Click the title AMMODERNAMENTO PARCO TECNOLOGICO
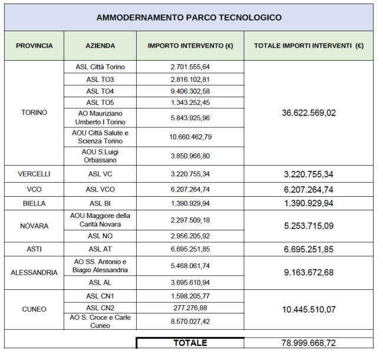click(x=189, y=17)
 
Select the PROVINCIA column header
click(x=34, y=45)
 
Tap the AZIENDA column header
click(x=100, y=45)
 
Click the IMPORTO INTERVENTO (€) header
click(x=190, y=45)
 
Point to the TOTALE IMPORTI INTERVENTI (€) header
click(x=308, y=45)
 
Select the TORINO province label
click(x=34, y=113)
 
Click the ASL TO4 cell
click(x=100, y=91)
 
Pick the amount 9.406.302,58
click(x=190, y=91)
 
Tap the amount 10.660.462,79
click(x=190, y=137)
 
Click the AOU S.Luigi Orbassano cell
click(x=100, y=156)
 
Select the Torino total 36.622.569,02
click(x=309, y=113)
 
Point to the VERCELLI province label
click(x=34, y=174)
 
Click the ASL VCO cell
click(x=100, y=189)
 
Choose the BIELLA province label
click(x=34, y=203)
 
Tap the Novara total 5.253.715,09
click(x=309, y=226)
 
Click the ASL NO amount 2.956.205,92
click(x=190, y=236)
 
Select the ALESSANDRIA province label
click(x=34, y=272)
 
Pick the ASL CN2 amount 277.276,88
click(x=190, y=308)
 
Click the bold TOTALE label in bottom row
click(x=190, y=343)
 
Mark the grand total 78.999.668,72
click(x=309, y=343)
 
